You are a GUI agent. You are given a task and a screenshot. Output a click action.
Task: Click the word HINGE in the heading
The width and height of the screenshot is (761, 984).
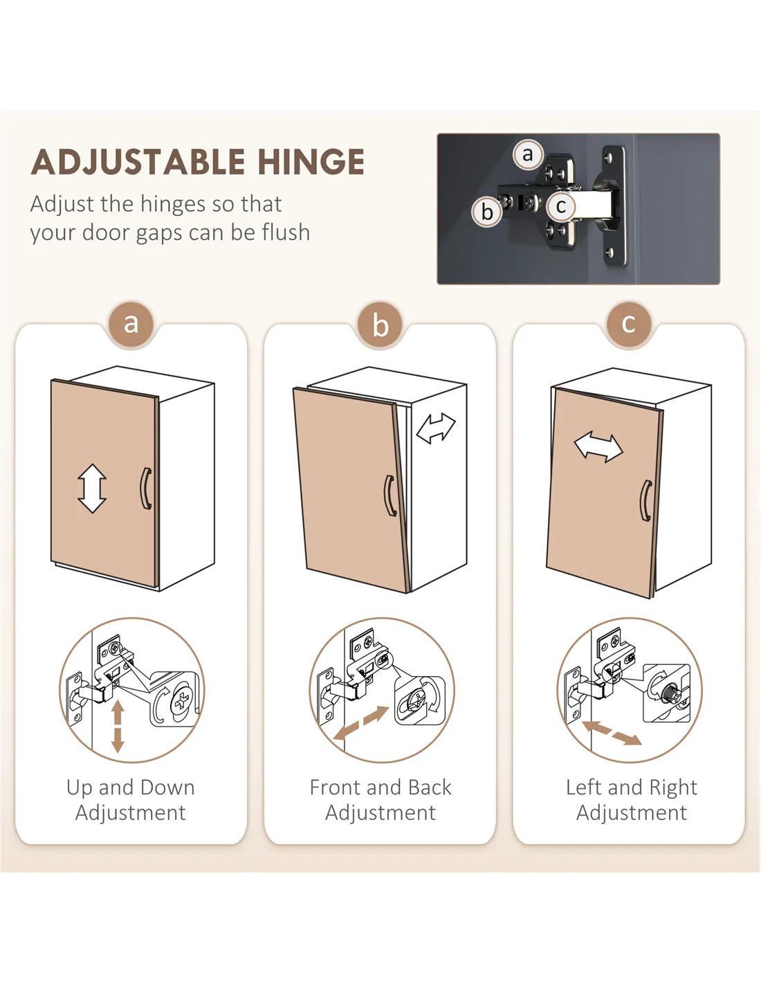(x=311, y=162)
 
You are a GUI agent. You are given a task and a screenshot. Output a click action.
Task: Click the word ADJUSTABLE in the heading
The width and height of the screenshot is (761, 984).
(x=138, y=162)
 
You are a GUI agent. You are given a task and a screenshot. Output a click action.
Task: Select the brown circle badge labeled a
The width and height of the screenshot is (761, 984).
(x=131, y=324)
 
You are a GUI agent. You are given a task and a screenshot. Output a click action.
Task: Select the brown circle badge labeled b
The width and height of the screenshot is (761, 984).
(x=380, y=325)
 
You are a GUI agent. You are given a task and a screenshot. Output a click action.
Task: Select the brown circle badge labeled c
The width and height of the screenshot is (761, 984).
(x=629, y=324)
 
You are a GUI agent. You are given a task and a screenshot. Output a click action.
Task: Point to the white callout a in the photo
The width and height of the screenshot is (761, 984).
(x=528, y=155)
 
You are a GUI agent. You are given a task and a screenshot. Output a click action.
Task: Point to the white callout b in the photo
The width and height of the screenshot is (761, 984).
(x=486, y=212)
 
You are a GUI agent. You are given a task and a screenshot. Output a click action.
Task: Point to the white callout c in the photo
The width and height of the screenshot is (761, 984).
(x=561, y=206)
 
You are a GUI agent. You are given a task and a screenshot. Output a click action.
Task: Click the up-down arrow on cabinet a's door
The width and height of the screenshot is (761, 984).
(x=92, y=488)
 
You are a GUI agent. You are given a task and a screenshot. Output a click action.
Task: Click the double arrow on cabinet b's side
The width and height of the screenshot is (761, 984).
(x=436, y=428)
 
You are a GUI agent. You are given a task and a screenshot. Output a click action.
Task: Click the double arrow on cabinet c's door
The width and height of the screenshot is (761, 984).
(x=598, y=446)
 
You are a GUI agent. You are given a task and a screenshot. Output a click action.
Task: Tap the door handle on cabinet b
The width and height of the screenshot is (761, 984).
(x=389, y=495)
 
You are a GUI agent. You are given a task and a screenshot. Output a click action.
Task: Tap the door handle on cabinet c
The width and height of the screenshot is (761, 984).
(x=645, y=501)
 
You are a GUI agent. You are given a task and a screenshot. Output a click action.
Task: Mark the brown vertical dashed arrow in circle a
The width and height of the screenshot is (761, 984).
(x=118, y=727)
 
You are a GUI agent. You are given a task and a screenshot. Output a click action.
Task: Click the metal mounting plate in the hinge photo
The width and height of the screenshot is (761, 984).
(x=614, y=205)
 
